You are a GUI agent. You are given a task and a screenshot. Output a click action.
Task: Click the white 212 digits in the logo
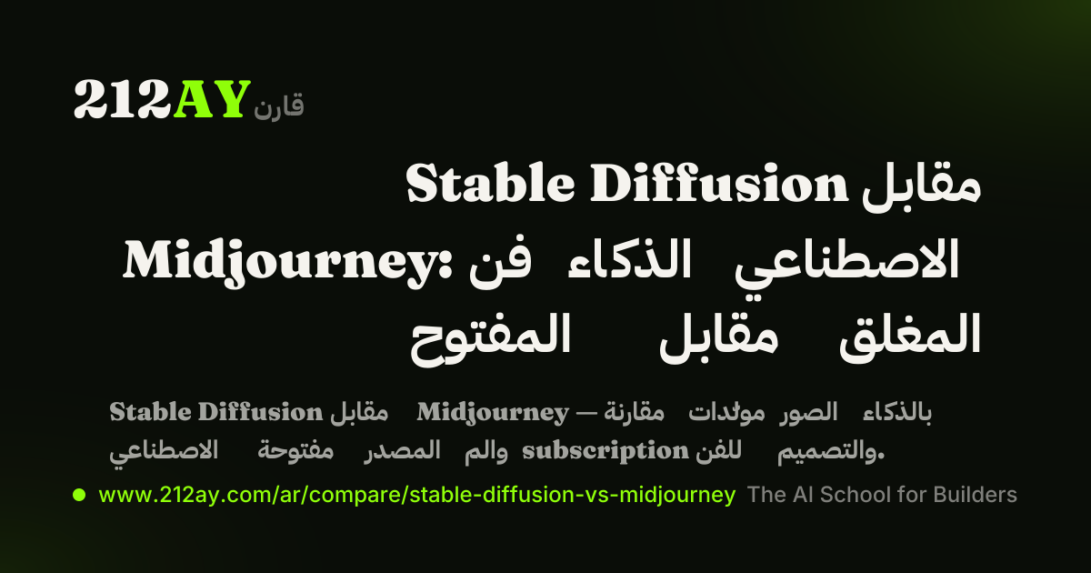pyautogui.click(x=124, y=99)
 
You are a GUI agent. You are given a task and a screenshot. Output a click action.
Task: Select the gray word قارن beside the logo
pyautogui.click(x=278, y=105)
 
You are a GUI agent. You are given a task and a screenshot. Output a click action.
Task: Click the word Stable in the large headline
pyautogui.click(x=490, y=183)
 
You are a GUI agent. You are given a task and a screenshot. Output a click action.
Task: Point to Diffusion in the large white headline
pyautogui.click(x=719, y=183)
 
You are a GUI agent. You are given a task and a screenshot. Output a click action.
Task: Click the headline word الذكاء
pyautogui.click(x=629, y=258)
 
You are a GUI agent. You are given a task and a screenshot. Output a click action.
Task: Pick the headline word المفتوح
pyautogui.click(x=490, y=339)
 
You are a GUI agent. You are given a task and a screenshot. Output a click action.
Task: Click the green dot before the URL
pyautogui.click(x=79, y=495)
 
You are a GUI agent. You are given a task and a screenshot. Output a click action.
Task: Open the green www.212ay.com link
pyautogui.click(x=417, y=495)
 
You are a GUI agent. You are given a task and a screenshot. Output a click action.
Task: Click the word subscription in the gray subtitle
pyautogui.click(x=605, y=451)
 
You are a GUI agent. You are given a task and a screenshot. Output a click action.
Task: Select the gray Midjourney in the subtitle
pyautogui.click(x=493, y=413)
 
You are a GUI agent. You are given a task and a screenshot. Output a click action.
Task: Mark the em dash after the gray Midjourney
pyautogui.click(x=586, y=413)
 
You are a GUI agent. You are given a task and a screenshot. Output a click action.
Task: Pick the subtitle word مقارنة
pyautogui.click(x=635, y=412)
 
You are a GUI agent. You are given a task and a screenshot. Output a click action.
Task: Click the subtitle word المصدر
pyautogui.click(x=402, y=449)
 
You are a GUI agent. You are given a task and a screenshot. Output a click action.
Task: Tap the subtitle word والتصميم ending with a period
pyautogui.click(x=830, y=451)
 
